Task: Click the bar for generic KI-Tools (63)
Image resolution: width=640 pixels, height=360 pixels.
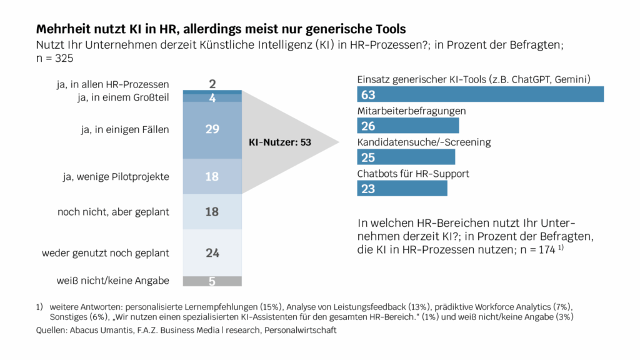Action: [x=480, y=94]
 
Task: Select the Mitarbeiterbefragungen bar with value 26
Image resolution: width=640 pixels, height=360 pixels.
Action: [x=407, y=126]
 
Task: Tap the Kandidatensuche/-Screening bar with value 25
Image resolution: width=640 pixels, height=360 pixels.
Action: [x=406, y=157]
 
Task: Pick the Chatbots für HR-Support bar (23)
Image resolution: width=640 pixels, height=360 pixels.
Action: [x=402, y=189]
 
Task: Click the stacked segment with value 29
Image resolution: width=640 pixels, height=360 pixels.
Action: [x=212, y=129]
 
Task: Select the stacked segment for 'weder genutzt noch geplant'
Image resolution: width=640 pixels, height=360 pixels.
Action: [x=212, y=252]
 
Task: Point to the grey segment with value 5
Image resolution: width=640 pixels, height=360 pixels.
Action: [x=212, y=281]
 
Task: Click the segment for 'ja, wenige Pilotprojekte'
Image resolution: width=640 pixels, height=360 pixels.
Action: [x=212, y=177]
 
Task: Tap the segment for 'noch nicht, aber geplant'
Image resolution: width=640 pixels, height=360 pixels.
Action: [x=212, y=212]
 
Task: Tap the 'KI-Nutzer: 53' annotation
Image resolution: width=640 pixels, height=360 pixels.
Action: [x=280, y=142]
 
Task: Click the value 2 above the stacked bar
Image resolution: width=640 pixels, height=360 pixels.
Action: [x=212, y=84]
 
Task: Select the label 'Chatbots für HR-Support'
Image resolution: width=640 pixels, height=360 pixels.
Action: [x=412, y=173]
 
